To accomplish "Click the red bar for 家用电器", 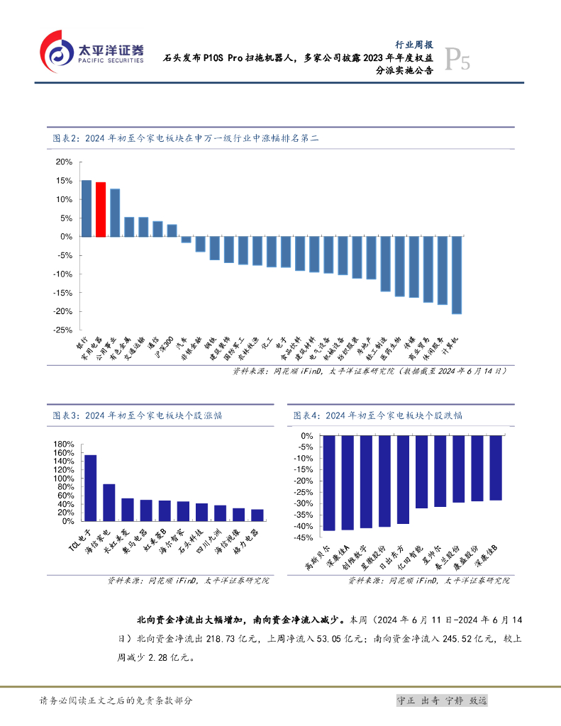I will [x=101, y=209].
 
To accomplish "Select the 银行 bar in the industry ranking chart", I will [x=86, y=208].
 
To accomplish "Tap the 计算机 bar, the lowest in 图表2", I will [x=457, y=275].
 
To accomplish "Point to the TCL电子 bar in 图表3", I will [x=91, y=488].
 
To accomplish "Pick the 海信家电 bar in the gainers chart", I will [x=109, y=503].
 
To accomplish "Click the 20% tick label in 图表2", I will [x=65, y=162].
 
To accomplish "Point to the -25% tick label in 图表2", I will [x=62, y=330].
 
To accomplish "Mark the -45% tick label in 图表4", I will [x=305, y=538].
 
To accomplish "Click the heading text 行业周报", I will [x=414, y=43].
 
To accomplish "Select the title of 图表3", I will [x=140, y=415].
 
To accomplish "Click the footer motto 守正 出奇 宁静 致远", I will [x=442, y=700].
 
